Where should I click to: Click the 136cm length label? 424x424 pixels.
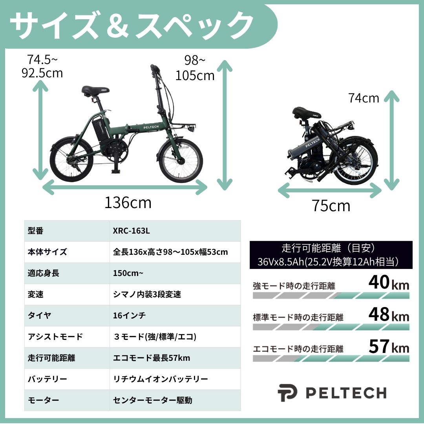128,203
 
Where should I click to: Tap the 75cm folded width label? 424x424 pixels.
331,206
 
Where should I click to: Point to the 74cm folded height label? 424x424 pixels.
364,98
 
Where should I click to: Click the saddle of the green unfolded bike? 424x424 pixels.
95,91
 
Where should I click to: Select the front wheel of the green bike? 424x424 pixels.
180,160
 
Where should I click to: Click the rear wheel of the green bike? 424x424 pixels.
71,160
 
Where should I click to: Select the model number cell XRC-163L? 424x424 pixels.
131,231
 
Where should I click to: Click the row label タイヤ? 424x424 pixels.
39,315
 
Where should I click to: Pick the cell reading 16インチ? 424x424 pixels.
129,315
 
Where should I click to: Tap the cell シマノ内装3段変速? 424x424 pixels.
147,294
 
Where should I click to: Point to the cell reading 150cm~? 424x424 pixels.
128,273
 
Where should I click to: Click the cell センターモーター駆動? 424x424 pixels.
152,400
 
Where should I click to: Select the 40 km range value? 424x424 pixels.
389,282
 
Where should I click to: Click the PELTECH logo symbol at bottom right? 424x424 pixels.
287,393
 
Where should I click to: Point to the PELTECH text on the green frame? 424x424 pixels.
151,127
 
